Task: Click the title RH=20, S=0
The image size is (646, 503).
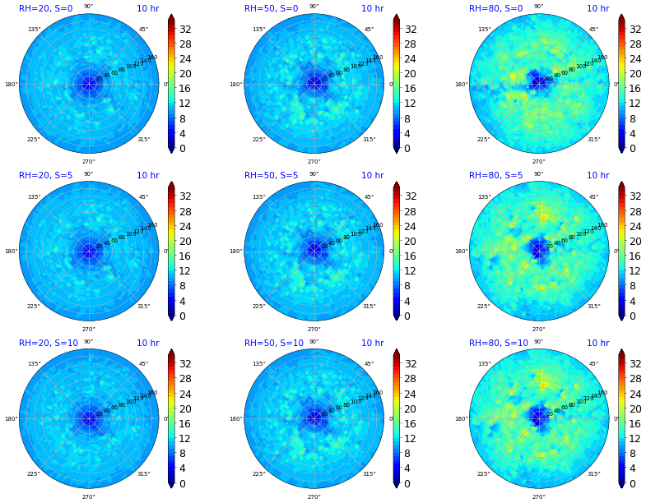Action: click(x=46, y=8)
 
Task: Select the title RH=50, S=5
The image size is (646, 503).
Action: click(x=272, y=176)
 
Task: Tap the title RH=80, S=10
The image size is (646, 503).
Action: click(x=499, y=344)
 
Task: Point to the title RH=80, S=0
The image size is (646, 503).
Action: click(x=496, y=8)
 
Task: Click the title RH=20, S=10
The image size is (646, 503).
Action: click(x=49, y=344)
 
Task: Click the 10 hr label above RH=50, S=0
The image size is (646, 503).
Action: click(x=372, y=8)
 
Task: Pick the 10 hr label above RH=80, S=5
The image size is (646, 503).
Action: click(x=597, y=176)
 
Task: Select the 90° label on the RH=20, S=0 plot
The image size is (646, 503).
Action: click(x=89, y=7)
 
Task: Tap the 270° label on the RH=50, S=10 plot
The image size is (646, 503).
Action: click(x=314, y=497)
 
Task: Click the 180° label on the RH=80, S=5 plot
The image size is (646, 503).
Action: click(x=462, y=251)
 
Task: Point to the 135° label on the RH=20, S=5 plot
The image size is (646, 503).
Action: click(x=34, y=197)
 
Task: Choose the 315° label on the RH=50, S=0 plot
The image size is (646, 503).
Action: click(x=369, y=140)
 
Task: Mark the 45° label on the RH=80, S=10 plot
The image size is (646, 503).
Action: click(x=593, y=364)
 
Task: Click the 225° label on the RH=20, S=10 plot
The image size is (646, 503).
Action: click(x=34, y=474)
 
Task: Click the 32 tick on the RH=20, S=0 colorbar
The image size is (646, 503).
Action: click(x=185, y=29)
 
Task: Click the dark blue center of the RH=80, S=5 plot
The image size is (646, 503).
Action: click(x=539, y=249)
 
